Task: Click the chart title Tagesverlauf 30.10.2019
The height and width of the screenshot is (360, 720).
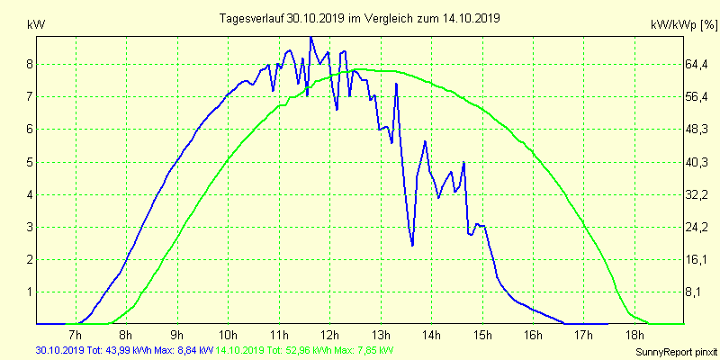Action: click(359, 18)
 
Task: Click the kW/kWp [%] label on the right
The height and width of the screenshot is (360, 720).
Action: click(680, 24)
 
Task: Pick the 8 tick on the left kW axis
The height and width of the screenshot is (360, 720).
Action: click(30, 64)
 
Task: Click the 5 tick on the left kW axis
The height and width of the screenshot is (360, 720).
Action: click(30, 162)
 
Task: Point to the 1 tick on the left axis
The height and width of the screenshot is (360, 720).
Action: click(30, 292)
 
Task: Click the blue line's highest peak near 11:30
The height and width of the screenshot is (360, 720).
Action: click(310, 38)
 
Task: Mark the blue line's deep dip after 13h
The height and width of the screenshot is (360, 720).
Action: click(412, 245)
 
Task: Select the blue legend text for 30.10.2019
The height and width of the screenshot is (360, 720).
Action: click(124, 349)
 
